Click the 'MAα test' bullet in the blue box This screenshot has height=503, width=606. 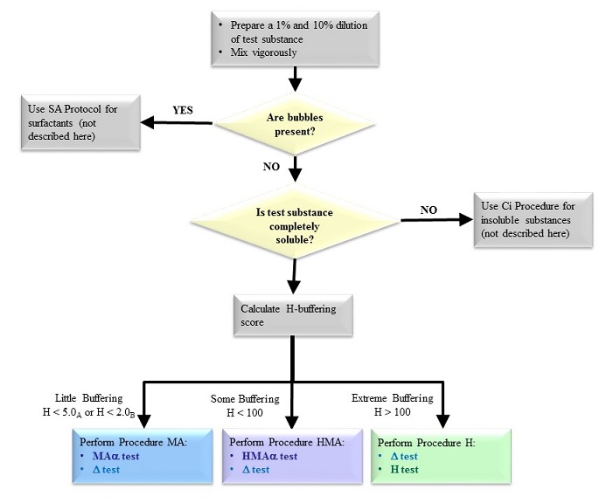(x=119, y=455)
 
